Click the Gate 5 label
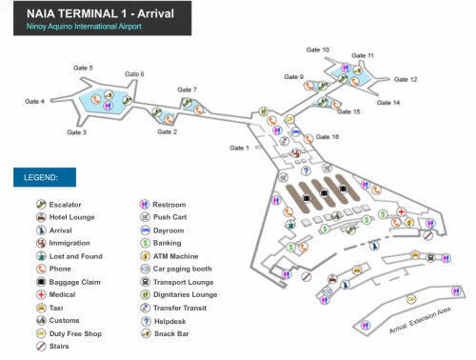coord(84,68)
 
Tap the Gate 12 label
coord(406,80)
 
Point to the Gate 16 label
coord(327,136)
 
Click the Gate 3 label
coord(77,132)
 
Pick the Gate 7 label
coord(188,90)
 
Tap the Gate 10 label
coord(318,50)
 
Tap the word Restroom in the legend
coord(169,205)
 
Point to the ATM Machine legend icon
coord(146,256)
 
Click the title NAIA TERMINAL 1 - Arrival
coord(81,13)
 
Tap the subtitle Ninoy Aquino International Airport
coord(78,28)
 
